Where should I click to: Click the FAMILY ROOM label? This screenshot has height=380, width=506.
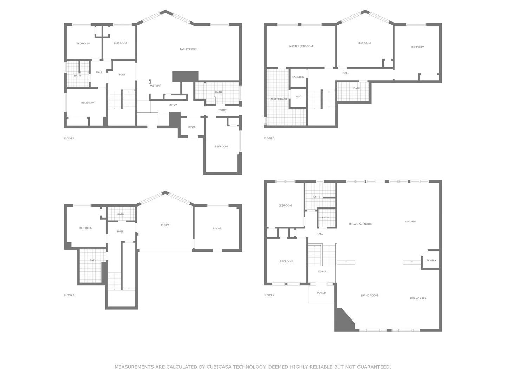(x=188, y=49)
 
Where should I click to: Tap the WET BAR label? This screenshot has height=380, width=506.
(x=156, y=86)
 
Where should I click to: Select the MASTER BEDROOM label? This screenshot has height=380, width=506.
(x=301, y=46)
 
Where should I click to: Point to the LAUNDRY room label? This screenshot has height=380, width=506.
(x=298, y=77)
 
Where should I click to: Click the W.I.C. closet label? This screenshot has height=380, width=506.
(x=298, y=96)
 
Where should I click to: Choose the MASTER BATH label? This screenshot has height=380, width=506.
(x=278, y=99)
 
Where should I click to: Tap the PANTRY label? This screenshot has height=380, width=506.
(x=431, y=261)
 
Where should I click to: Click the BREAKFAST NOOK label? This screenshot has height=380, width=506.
(x=360, y=224)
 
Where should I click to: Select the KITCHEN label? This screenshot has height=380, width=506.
(x=410, y=222)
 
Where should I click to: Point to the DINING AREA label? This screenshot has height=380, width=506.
(x=418, y=298)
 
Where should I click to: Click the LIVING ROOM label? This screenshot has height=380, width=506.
(x=369, y=296)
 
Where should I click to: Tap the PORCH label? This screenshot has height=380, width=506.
(x=322, y=293)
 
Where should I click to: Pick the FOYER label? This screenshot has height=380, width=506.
(x=322, y=272)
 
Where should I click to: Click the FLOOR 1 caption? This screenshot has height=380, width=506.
(x=69, y=296)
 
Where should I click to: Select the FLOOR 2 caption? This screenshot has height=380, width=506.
(x=69, y=139)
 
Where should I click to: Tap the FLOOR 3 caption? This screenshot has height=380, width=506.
(x=269, y=138)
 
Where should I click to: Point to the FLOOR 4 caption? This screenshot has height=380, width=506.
(x=269, y=296)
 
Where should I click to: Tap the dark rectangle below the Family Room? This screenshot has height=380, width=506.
(x=185, y=76)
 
